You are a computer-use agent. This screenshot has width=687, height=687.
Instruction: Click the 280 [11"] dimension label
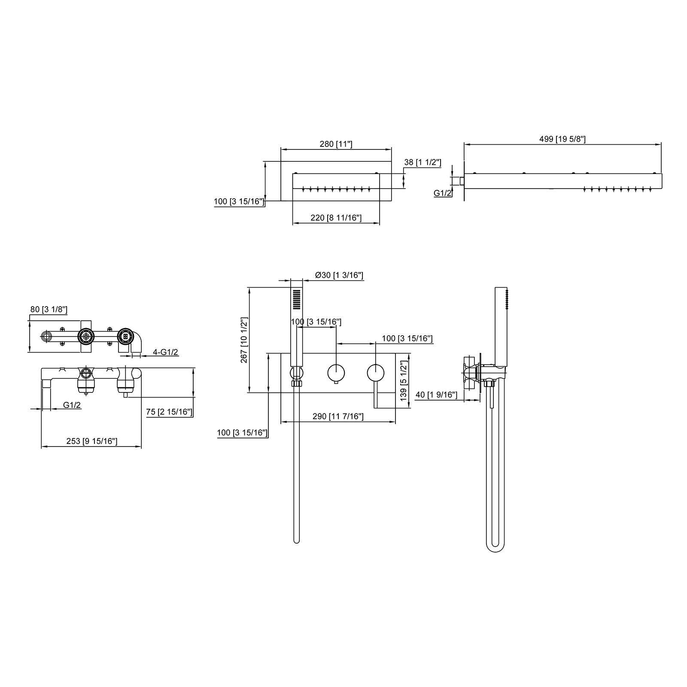click(x=336, y=144)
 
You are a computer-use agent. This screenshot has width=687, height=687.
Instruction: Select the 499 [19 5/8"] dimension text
click(x=562, y=139)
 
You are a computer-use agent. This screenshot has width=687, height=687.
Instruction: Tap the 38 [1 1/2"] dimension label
click(x=423, y=162)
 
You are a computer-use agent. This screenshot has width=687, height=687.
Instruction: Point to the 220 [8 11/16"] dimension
click(x=336, y=218)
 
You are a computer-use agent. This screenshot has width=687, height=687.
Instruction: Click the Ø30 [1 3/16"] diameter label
click(x=339, y=275)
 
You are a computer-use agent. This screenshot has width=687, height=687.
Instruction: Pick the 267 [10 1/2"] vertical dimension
click(x=244, y=340)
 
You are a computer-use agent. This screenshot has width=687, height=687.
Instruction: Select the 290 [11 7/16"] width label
click(x=338, y=416)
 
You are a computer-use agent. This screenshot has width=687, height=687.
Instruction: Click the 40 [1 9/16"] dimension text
click(x=436, y=395)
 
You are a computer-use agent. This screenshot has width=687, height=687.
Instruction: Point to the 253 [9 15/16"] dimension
click(x=92, y=441)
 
